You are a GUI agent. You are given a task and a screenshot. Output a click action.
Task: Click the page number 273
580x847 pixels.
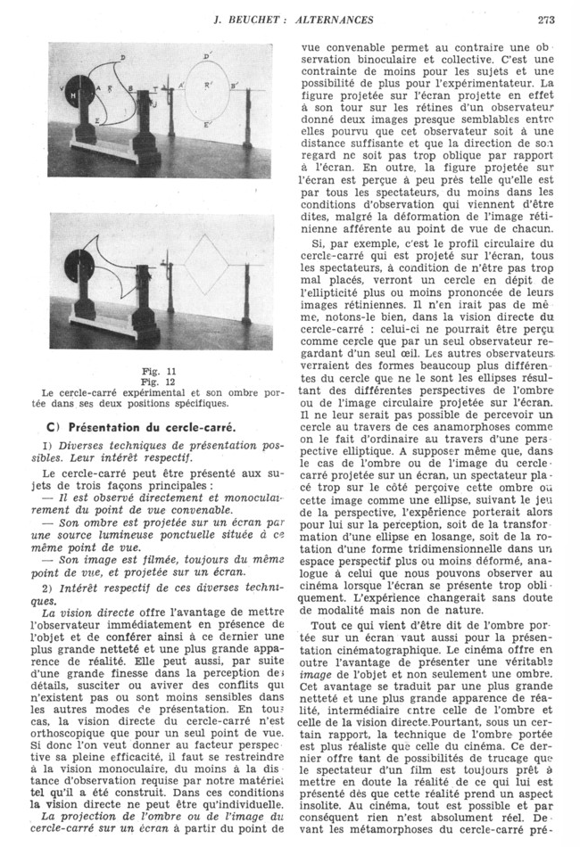pos(548,20)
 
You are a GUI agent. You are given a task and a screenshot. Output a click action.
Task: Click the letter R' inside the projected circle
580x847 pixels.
pos(207,87)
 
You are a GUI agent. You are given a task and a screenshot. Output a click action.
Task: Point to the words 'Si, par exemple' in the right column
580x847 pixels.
pos(348,243)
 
